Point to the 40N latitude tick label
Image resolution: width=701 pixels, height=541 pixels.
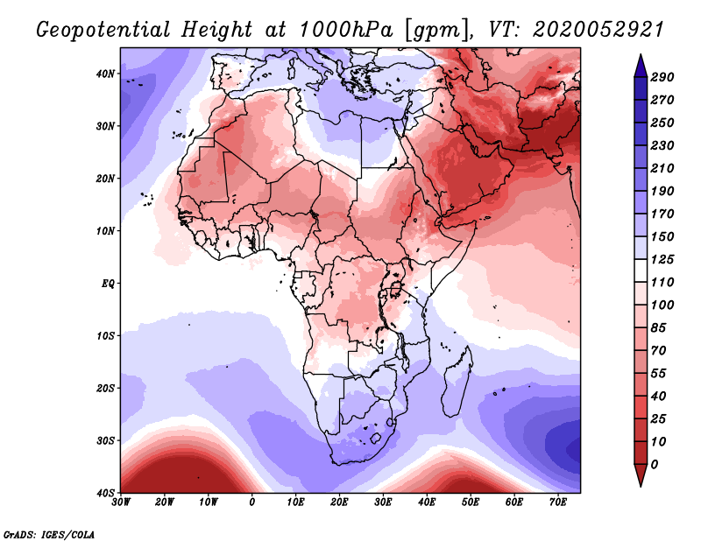pyautogui.click(x=105, y=74)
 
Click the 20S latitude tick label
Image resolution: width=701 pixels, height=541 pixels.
pyautogui.click(x=105, y=388)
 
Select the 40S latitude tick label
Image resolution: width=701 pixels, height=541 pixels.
pyautogui.click(x=105, y=492)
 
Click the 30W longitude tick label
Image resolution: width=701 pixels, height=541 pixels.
pyautogui.click(x=121, y=503)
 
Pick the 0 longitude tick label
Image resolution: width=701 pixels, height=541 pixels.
pyautogui.click(x=252, y=503)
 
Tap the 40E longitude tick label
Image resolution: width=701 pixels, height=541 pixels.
pyautogui.click(x=427, y=503)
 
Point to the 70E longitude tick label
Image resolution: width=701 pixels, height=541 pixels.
pyautogui.click(x=557, y=503)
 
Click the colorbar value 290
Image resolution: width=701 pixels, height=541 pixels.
pyautogui.click(x=662, y=78)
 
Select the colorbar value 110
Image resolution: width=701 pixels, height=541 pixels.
pyautogui.click(x=662, y=284)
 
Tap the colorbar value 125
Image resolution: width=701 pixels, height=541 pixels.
pyautogui.click(x=662, y=261)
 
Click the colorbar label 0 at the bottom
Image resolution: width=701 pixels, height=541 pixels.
pyautogui.click(x=655, y=463)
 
